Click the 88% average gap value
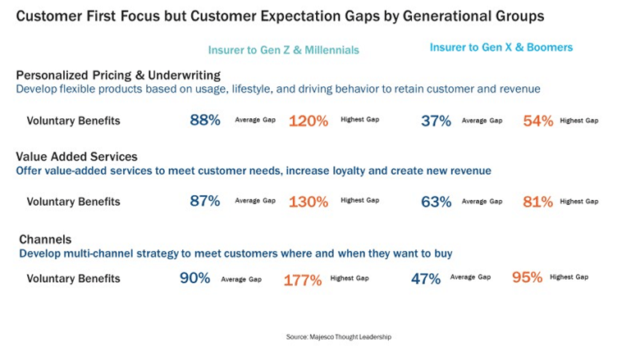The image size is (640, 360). pos(205,121)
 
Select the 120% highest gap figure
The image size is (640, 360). pos(309,121)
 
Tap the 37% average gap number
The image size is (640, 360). pos(436,121)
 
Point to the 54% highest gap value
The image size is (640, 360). pos(538,121)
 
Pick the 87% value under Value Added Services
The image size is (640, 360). pos(205,201)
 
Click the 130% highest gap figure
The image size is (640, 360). pos(309,202)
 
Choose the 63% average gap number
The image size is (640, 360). pos(436,201)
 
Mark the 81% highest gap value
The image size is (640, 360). pos(538,202)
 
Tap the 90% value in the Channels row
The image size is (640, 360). pos(195,278)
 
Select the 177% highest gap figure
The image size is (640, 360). pos(303,280)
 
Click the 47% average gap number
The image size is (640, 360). pos(426,278)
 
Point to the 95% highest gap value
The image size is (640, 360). pos(528,277)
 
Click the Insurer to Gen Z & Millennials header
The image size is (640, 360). pos(283,50)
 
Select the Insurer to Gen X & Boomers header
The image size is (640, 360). pos(501,48)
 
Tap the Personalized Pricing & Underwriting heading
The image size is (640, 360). pos(107,75)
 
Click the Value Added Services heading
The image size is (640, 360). pos(77,156)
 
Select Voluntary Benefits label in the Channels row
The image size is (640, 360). pos(73,279)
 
